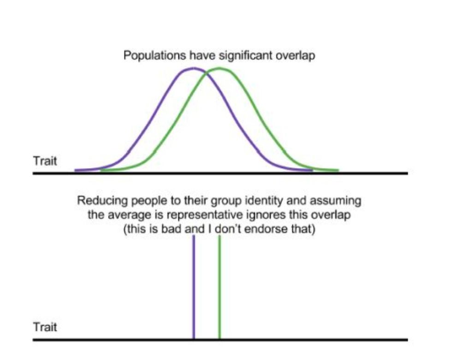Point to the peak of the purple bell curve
click(x=193, y=69)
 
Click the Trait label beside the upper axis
click(x=45, y=162)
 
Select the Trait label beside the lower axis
click(x=45, y=328)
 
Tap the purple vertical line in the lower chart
click(x=194, y=286)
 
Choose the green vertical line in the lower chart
click(x=220, y=286)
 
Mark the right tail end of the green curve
click(x=338, y=170)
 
